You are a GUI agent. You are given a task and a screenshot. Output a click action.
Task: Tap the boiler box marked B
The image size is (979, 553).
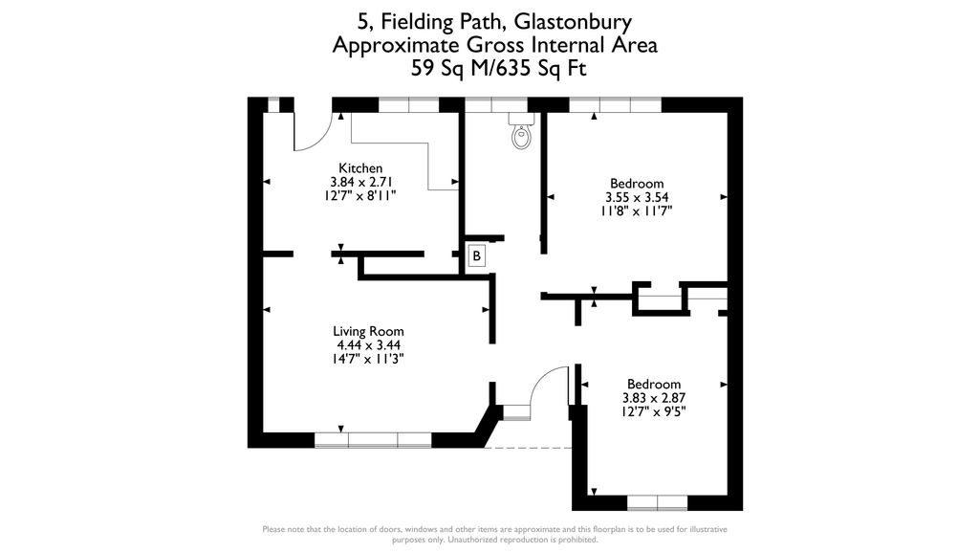[476, 256]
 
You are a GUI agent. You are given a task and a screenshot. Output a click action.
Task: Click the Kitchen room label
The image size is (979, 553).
[360, 168]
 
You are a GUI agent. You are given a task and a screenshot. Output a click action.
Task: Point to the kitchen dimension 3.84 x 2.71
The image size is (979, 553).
[360, 181]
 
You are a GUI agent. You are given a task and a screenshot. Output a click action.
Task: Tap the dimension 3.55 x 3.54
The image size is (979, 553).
[637, 197]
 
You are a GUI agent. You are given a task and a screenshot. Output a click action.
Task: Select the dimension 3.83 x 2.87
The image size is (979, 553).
[654, 398]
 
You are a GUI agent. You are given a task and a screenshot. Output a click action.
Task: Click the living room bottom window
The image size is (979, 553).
[373, 440]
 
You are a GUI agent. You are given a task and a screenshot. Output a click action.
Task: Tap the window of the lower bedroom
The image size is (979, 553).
[657, 502]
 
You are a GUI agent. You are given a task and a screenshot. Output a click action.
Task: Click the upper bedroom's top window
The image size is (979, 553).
[615, 105]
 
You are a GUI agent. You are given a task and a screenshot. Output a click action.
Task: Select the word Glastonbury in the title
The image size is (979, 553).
[576, 21]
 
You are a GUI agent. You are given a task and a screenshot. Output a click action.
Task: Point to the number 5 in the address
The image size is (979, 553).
[363, 21]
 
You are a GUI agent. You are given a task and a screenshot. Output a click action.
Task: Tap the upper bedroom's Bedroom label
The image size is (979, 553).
[637, 184]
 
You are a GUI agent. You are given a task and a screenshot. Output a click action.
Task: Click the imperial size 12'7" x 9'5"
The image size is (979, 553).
[654, 411]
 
